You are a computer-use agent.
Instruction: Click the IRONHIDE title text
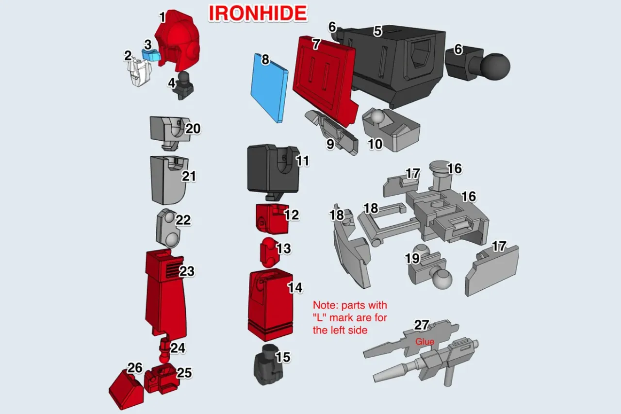[258, 14]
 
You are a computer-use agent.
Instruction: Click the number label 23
[187, 271]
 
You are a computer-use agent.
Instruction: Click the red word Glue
[425, 342]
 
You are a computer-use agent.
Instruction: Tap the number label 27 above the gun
[422, 326]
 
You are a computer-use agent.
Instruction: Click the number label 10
[375, 144]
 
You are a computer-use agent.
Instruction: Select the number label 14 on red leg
[294, 287]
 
